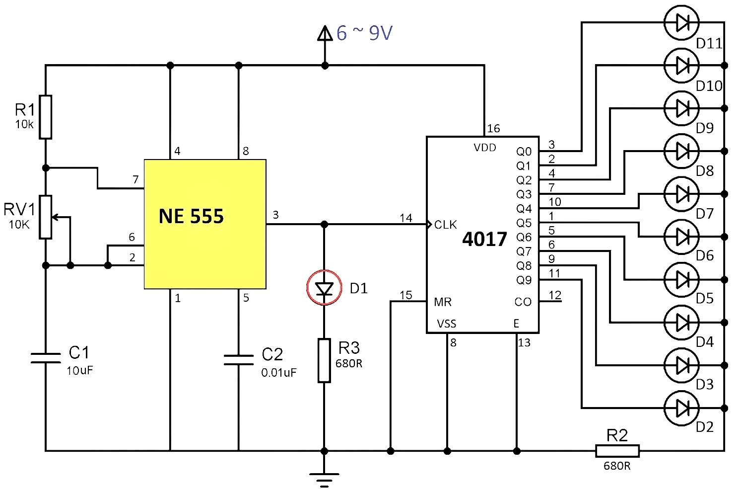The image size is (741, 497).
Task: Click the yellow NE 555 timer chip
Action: point(205,224)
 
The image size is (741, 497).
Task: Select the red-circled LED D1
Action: point(324,288)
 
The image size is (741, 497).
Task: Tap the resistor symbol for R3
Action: point(324,360)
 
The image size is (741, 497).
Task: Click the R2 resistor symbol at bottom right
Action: point(617,451)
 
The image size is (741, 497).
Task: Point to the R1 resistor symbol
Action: point(46,117)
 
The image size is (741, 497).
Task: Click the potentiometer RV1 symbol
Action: point(46,217)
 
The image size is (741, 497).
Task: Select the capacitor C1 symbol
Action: point(46,358)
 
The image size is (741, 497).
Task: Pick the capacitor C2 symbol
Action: point(239,360)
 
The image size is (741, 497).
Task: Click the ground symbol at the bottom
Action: point(324,479)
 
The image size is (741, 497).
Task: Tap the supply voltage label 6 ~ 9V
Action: point(364,33)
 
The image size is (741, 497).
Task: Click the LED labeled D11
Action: point(681,22)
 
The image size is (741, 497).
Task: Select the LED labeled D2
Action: point(681,408)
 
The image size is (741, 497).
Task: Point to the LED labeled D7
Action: point(681,194)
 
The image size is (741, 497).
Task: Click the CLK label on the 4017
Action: point(445,225)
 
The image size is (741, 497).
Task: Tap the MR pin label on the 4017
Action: point(443,302)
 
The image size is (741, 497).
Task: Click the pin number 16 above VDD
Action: point(493,129)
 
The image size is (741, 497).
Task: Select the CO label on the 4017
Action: point(523,302)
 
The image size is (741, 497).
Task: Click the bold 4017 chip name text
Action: point(484,240)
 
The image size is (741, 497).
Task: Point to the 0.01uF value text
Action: point(279,373)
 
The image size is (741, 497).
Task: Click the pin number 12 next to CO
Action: point(555,295)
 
